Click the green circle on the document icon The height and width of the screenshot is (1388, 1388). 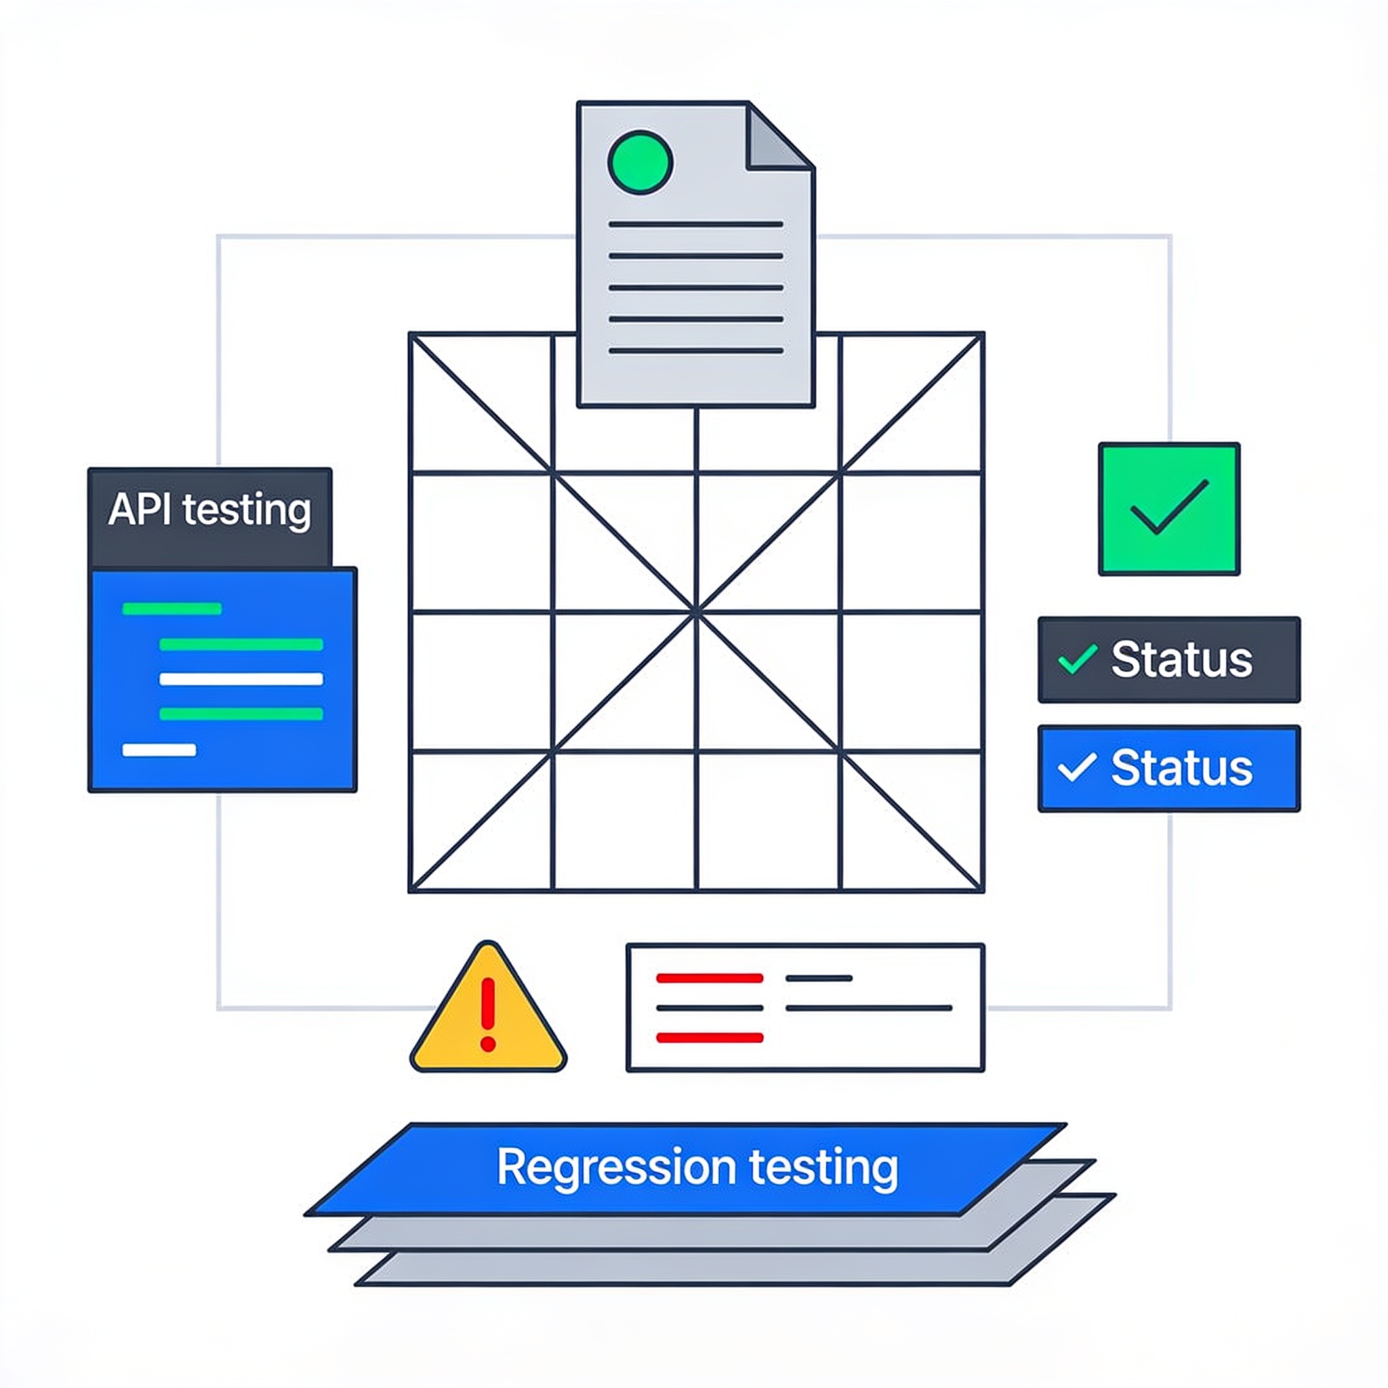click(x=640, y=163)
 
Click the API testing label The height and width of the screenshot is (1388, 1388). click(x=210, y=510)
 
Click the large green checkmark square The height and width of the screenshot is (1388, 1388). click(x=1169, y=509)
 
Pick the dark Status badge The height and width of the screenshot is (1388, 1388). click(x=1169, y=659)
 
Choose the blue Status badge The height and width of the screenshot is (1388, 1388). click(x=1169, y=768)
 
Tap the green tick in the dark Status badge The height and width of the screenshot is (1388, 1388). click(x=1078, y=659)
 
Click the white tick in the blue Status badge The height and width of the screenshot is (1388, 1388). click(x=1078, y=767)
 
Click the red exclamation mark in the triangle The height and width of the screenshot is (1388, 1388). click(x=489, y=1014)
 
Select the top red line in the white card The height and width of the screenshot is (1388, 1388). click(x=710, y=978)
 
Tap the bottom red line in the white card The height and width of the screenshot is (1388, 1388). click(x=710, y=1038)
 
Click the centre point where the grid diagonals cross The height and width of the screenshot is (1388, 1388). click(x=696, y=613)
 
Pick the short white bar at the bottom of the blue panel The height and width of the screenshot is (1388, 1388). click(x=159, y=750)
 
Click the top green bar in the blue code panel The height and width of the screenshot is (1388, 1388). click(x=171, y=609)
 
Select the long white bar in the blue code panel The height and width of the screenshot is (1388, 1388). click(x=241, y=679)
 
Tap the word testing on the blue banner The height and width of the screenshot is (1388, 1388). click(x=824, y=1168)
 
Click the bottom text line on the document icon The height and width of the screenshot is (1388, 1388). click(x=695, y=350)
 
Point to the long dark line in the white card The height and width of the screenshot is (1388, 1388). click(x=869, y=1008)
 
